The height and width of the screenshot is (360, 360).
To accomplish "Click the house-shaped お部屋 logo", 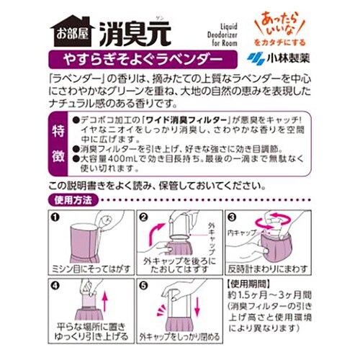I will coord(71,30).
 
